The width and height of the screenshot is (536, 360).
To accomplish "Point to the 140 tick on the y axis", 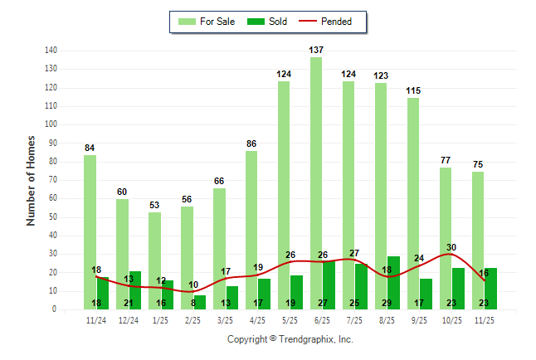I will pos(51,51).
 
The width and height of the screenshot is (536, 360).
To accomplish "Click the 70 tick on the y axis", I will pos(52,180).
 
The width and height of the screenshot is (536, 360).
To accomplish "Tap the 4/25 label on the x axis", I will pos(257,319).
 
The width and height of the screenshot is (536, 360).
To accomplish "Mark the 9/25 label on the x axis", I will pos(419,319).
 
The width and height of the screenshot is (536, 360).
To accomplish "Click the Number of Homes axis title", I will pos(31,180).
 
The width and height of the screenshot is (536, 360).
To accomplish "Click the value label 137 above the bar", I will pos(316,51).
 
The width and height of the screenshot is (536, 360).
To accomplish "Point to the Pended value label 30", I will pos(451,247).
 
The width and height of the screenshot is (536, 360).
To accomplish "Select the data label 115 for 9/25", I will pos(413,90).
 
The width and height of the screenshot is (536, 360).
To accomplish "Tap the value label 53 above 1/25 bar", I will pos(154,206).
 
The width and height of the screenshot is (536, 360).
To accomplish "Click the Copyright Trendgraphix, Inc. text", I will pos(290,339).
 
